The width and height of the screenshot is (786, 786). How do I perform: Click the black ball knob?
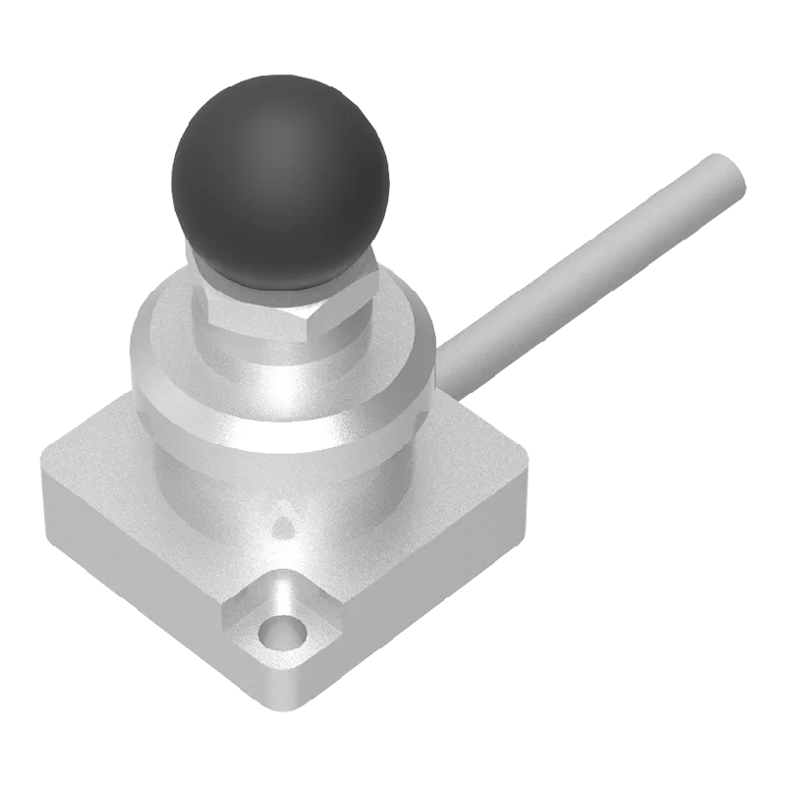(281, 182)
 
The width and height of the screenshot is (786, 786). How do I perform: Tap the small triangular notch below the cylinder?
(284, 527)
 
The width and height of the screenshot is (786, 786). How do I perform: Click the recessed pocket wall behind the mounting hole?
(295, 594)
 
